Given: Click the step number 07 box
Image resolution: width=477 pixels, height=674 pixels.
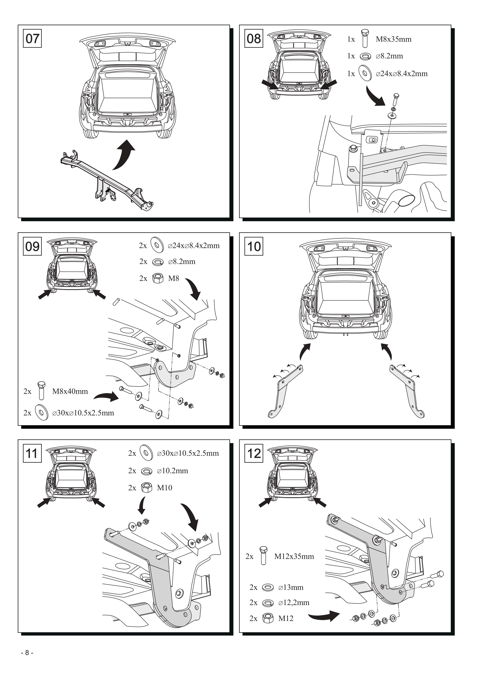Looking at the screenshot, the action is [32, 38].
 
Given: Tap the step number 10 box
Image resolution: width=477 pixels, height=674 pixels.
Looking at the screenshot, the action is [254, 246].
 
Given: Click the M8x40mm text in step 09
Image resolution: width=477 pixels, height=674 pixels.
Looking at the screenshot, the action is [70, 391].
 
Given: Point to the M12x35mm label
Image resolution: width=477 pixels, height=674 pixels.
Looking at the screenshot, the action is [294, 556].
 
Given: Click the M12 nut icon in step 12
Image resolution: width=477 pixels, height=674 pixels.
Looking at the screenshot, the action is [268, 618].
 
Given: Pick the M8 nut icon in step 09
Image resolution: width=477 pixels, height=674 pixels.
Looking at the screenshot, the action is [158, 278].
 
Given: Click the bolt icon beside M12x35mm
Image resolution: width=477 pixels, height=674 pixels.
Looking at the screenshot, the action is [263, 555].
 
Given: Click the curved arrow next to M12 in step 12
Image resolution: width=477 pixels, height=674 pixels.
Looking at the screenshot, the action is [324, 615].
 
